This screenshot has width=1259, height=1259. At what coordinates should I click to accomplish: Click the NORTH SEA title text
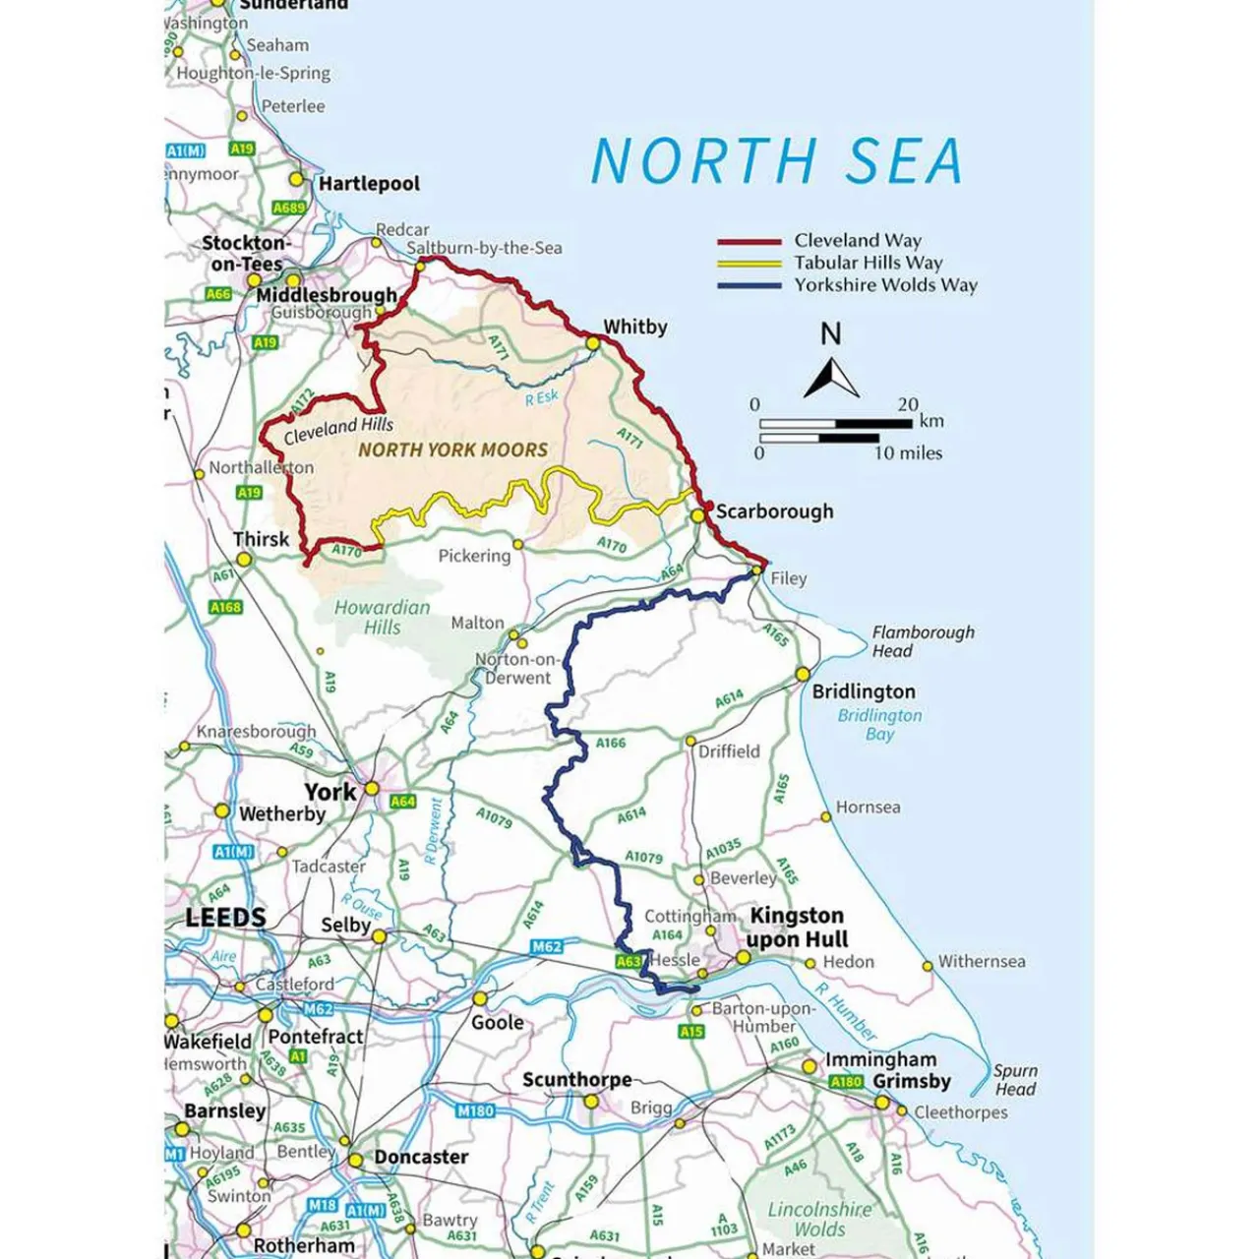tap(776, 160)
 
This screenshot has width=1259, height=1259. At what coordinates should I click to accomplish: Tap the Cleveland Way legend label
tap(858, 240)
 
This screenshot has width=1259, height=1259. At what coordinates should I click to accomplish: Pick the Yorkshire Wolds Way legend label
tap(885, 285)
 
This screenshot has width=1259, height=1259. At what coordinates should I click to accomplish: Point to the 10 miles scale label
tap(908, 453)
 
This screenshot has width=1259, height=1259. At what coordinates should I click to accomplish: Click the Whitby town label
tap(635, 327)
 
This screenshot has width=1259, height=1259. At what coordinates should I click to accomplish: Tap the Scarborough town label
tap(774, 511)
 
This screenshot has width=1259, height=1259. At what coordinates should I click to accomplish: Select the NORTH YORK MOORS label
tap(452, 450)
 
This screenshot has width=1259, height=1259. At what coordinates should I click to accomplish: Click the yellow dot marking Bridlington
tap(803, 674)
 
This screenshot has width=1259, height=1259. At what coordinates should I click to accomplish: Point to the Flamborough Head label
tap(923, 641)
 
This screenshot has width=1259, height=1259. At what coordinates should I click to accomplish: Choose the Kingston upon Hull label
tap(797, 928)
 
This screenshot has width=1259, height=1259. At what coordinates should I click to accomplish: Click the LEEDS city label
tap(225, 918)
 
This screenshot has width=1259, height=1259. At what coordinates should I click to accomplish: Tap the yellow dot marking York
tap(372, 789)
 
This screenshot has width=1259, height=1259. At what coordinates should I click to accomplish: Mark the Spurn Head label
tap(1015, 1079)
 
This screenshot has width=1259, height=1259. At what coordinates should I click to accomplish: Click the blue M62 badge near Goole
tap(547, 946)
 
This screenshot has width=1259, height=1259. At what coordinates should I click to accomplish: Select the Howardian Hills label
tap(383, 618)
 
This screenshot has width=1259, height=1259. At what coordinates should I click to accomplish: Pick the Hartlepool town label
tap(369, 184)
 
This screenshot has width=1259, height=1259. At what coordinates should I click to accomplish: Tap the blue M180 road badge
tap(475, 1110)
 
